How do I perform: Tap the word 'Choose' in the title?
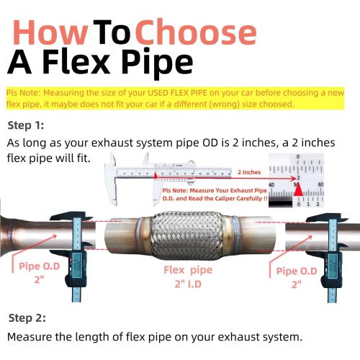click(196, 32)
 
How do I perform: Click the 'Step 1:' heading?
click(26, 125)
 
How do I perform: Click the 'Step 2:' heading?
click(26, 318)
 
